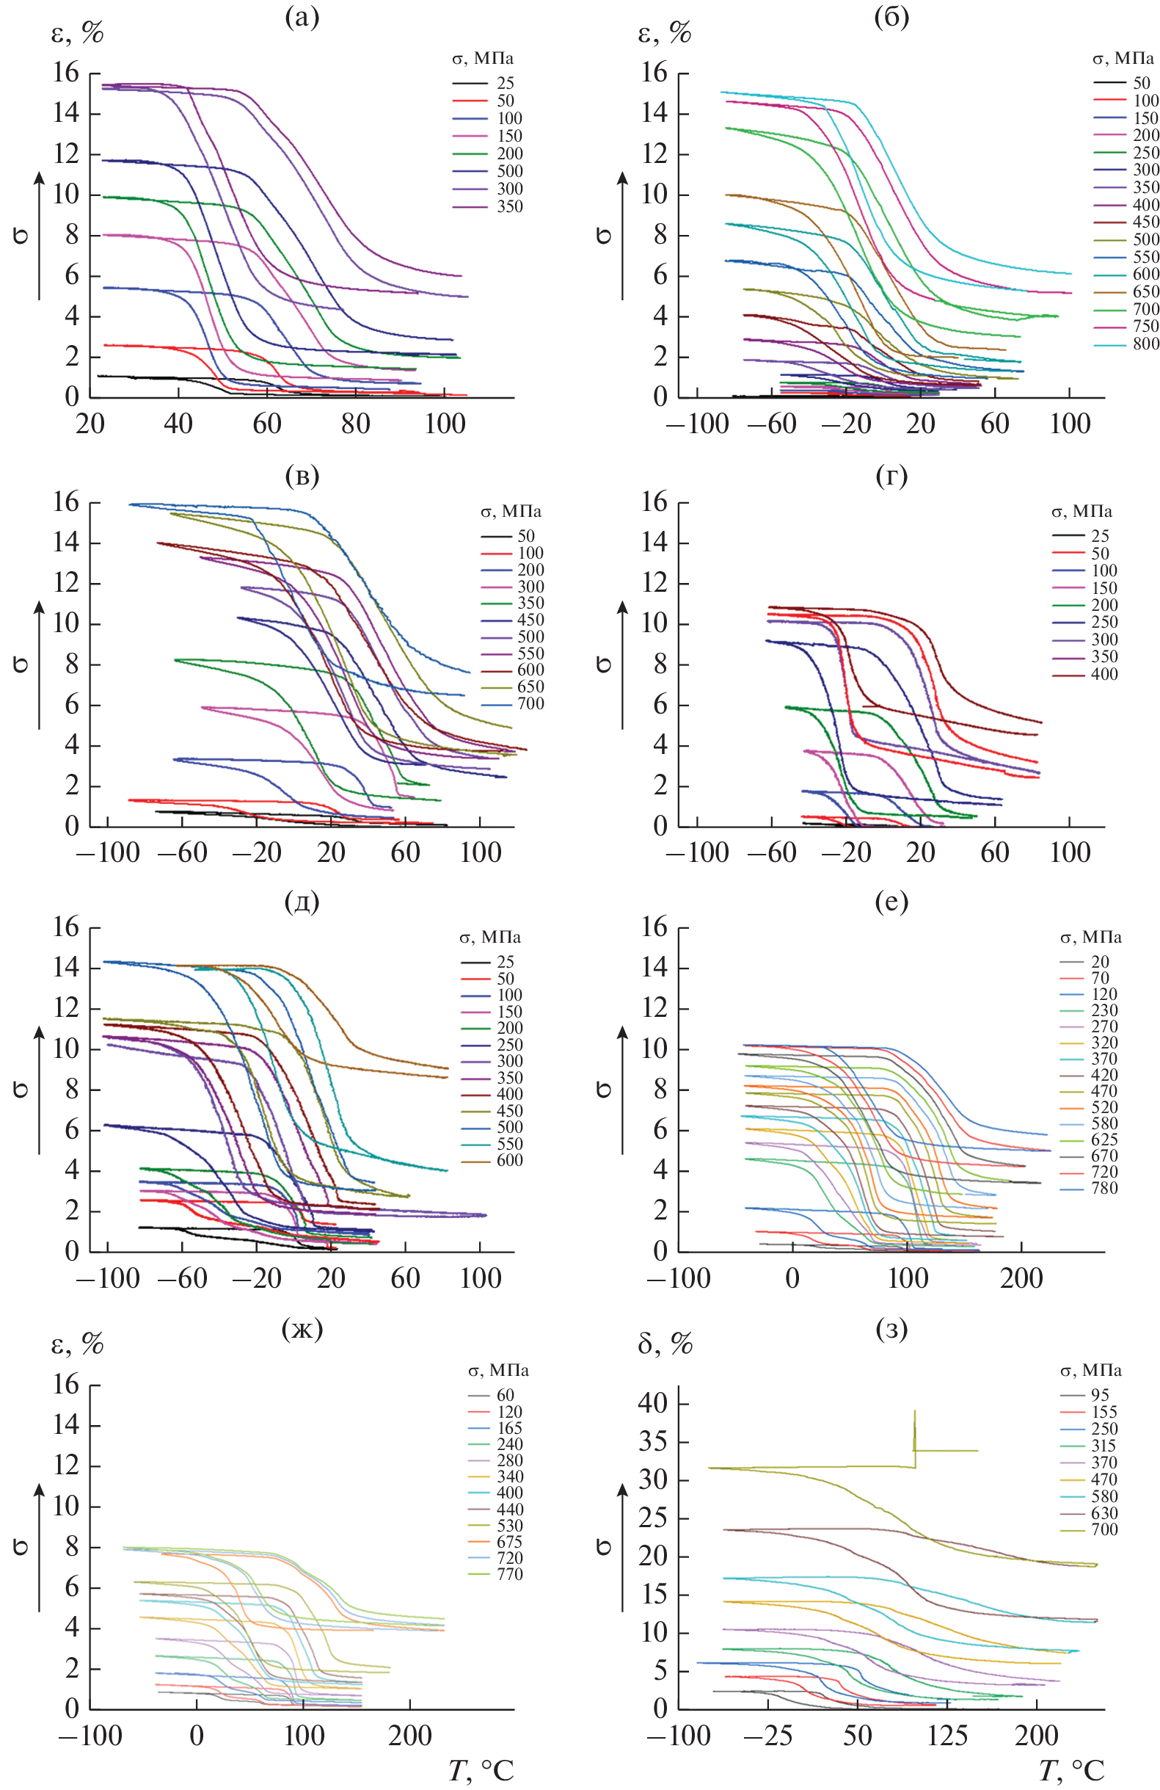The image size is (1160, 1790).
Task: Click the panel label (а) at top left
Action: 302,18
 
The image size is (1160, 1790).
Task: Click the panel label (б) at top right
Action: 891,18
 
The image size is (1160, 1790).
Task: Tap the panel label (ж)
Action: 302,1329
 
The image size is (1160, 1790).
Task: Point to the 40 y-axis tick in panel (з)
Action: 652,1402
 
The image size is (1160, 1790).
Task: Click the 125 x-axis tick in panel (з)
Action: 946,1734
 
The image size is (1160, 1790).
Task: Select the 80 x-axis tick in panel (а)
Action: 356,424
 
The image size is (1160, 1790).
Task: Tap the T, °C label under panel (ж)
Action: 481,1770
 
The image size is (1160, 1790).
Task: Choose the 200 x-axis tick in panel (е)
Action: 1021,1277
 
